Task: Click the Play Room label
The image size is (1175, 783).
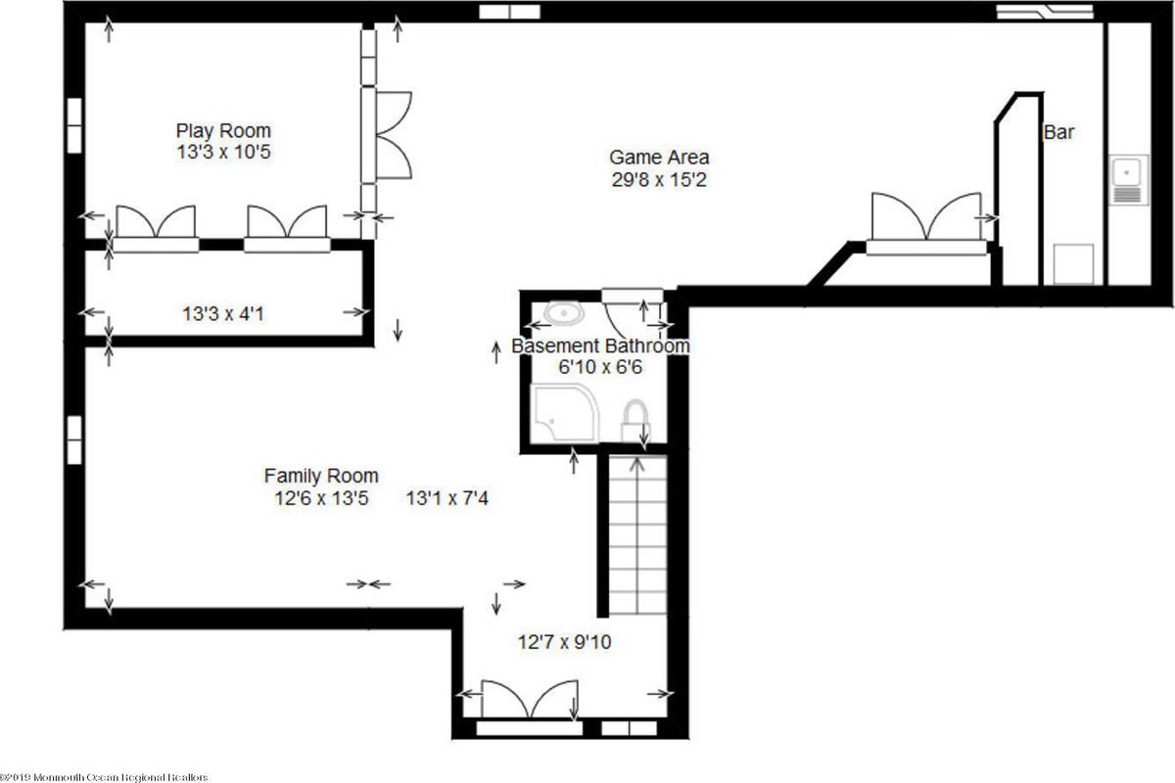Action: pyautogui.click(x=223, y=130)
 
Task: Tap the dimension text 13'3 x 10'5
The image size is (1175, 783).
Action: pyautogui.click(x=223, y=153)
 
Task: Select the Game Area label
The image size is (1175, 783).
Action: pyautogui.click(x=659, y=157)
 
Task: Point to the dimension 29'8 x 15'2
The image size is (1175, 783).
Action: pyautogui.click(x=659, y=179)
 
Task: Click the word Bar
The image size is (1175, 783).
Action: pyautogui.click(x=1058, y=132)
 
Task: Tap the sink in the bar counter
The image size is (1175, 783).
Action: pyautogui.click(x=1128, y=179)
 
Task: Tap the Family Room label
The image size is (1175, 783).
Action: pyautogui.click(x=321, y=476)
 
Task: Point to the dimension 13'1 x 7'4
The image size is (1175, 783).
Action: pyautogui.click(x=446, y=498)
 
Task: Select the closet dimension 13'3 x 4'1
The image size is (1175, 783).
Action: pyautogui.click(x=223, y=314)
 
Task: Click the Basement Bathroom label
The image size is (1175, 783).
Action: pyautogui.click(x=601, y=345)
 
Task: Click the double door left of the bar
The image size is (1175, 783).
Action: pyautogui.click(x=925, y=220)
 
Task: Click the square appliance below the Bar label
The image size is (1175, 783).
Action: pyautogui.click(x=1073, y=263)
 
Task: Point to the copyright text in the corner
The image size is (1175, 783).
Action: pyautogui.click(x=105, y=776)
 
